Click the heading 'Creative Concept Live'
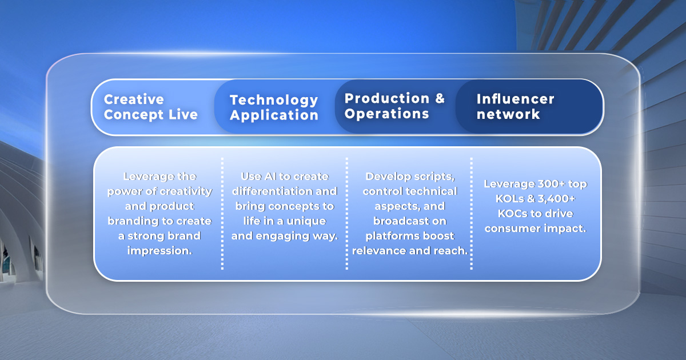pos(151,107)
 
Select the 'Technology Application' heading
pos(274,108)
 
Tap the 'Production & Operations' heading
pos(394,106)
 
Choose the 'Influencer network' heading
pos(516,106)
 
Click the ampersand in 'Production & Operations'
pos(440,98)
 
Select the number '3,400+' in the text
pos(556,199)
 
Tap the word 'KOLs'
pos(509,199)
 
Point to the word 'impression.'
pos(159,251)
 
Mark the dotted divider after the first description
pos(222,214)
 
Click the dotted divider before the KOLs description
pos(471,214)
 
